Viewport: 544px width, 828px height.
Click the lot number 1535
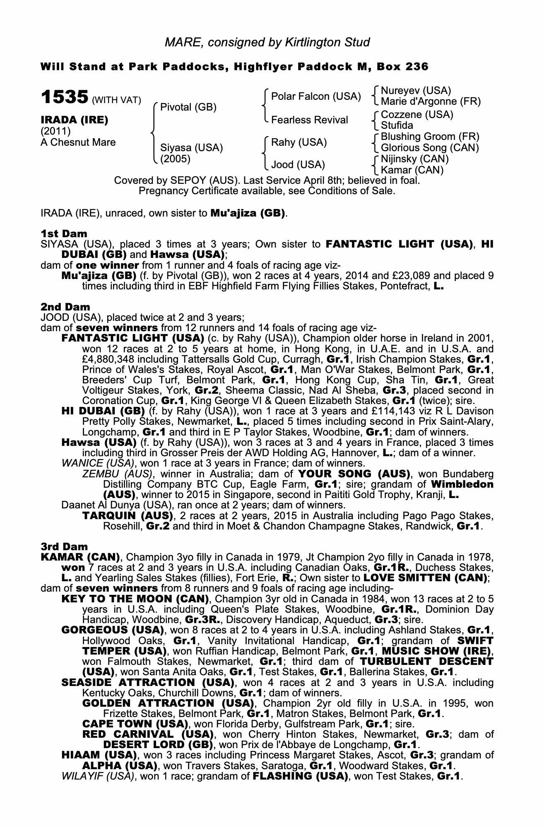click(64, 97)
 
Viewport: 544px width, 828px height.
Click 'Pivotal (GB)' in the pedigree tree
click(188, 107)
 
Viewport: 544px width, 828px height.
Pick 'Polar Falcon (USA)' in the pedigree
click(316, 96)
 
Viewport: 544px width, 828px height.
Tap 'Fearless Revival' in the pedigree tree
click(309, 120)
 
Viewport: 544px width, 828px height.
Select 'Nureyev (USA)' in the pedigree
click(416, 90)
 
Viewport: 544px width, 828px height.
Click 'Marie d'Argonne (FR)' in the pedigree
click(431, 101)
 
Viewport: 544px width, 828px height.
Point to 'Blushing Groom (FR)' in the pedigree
click(430, 137)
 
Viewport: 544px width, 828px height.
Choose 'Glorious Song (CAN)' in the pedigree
click(430, 148)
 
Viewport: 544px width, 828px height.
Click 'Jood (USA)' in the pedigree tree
click(298, 165)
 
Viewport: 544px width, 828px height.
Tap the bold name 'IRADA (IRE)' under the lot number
click(74, 120)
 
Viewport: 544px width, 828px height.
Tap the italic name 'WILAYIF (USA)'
click(98, 776)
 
